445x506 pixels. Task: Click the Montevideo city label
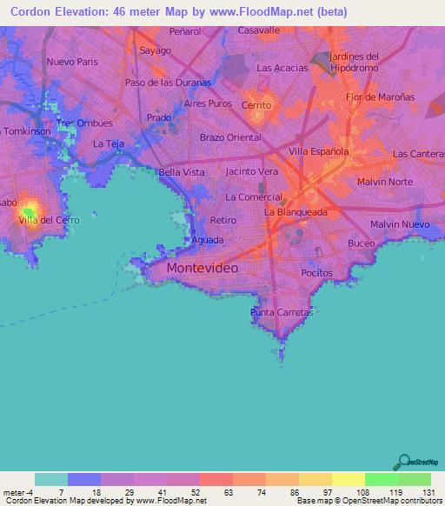pos(202,269)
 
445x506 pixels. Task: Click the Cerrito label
pos(256,104)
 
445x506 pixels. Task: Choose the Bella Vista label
pos(181,173)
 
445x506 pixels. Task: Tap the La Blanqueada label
pos(296,211)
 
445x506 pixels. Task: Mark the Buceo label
pos(362,243)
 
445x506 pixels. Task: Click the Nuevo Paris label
pos(72,62)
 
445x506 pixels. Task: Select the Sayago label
pos(155,50)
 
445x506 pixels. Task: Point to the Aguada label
pos(208,240)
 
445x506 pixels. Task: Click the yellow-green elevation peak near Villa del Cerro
pos(30,210)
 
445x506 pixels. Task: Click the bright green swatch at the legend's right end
pos(414,479)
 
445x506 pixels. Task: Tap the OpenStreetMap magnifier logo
pos(404,462)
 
